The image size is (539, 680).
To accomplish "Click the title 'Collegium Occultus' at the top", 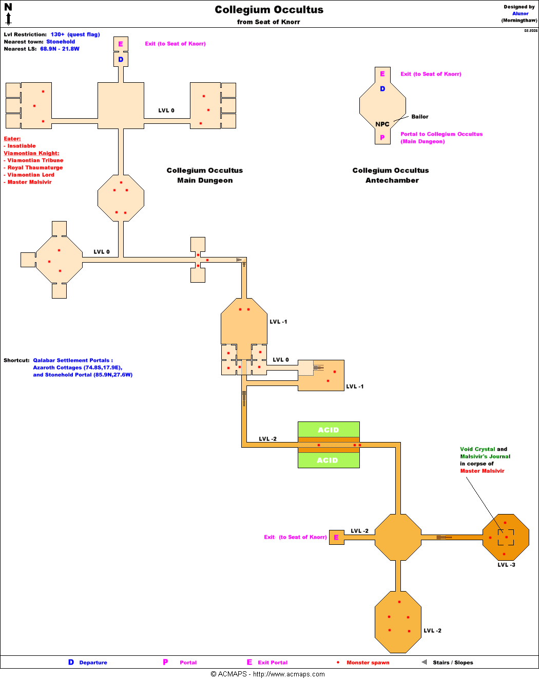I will pos(269,10).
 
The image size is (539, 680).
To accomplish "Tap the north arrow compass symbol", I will pos(8,14).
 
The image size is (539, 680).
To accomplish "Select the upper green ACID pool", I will pos(329,430).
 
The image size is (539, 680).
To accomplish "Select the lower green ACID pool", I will pos(329,460).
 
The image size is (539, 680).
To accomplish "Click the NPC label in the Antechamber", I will pos(382,124).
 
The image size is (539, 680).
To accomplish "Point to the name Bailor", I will pos(419,117).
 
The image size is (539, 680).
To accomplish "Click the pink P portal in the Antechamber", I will pos(382,138).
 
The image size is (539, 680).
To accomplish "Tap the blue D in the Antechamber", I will pos(382,89).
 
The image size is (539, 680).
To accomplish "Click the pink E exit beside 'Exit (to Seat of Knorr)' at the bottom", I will pos(336,538).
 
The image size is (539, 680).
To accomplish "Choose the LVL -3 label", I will pos(506,565).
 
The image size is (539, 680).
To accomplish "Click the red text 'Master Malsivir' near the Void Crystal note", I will pos(482,471).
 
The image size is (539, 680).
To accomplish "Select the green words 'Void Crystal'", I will pos(477,449).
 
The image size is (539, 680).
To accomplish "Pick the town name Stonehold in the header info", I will pos(61,42).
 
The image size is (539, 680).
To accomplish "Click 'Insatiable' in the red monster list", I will pos(22,146).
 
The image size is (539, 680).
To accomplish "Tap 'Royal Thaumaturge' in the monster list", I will pos(35,168).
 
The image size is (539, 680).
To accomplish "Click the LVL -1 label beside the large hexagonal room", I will pos(278,322).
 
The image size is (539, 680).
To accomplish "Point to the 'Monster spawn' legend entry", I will pos(368,663).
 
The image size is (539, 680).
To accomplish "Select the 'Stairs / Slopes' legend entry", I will pos(453,663).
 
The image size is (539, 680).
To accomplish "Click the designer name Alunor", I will pos(520,14).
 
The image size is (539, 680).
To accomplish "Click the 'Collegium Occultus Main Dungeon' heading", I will pos(205,175).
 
